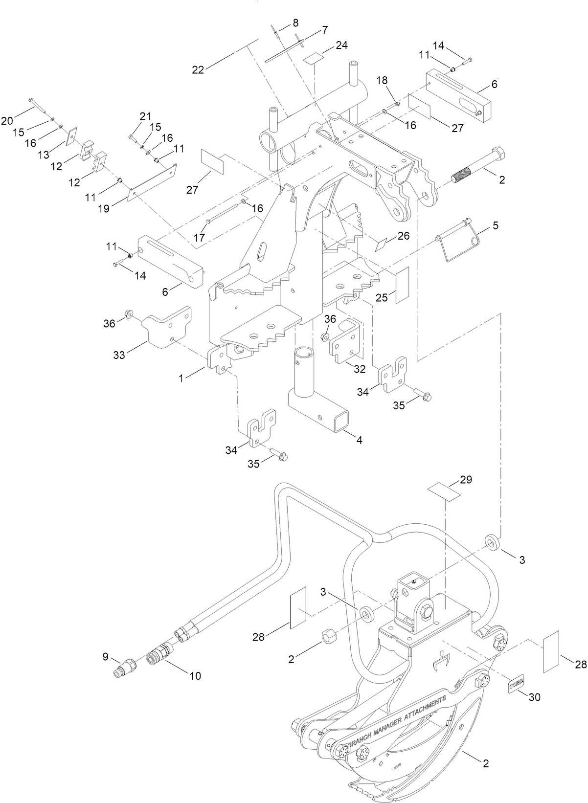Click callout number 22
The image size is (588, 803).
(x=198, y=70)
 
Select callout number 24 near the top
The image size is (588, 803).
(x=341, y=45)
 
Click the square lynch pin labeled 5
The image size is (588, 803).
(x=458, y=245)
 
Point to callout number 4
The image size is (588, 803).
(x=359, y=440)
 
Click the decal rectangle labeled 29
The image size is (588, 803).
(x=444, y=491)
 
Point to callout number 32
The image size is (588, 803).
(x=360, y=369)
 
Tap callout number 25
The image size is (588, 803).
(x=382, y=297)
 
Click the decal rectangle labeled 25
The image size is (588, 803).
(x=402, y=285)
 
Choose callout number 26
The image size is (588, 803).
(x=403, y=236)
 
